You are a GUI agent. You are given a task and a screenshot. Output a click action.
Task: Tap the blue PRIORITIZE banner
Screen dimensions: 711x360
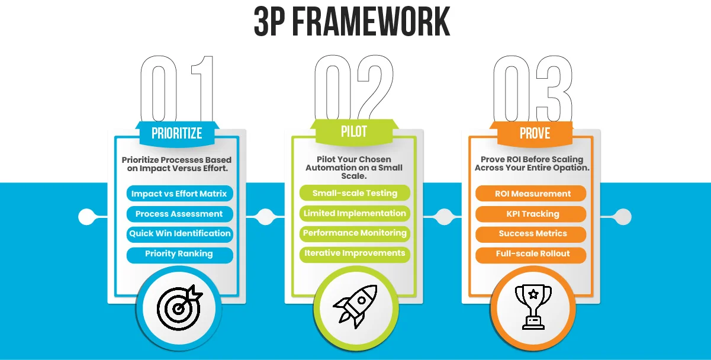tap(177, 134)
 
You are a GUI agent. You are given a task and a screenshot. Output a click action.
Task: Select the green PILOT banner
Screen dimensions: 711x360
tap(354, 132)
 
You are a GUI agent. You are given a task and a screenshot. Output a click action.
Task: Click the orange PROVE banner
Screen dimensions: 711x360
tap(535, 134)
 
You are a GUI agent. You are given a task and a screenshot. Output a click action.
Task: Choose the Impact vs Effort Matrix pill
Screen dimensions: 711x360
tap(179, 194)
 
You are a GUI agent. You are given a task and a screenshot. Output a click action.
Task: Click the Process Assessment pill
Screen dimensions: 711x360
tap(179, 214)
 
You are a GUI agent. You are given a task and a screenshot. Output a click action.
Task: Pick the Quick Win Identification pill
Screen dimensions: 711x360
tap(179, 234)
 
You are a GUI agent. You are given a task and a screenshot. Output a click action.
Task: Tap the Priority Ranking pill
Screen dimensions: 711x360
tap(179, 255)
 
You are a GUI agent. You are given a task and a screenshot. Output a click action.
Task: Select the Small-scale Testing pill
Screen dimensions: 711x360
tap(355, 192)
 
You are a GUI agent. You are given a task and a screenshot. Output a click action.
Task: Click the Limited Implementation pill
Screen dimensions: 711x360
tap(355, 213)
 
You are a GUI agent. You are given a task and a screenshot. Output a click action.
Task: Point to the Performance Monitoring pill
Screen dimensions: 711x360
tap(355, 233)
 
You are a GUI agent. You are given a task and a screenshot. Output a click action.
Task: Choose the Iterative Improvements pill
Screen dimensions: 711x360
tap(355, 254)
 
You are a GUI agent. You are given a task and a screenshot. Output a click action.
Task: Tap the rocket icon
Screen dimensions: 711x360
tap(355, 306)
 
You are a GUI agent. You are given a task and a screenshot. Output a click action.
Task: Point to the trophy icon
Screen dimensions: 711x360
tap(533, 307)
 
